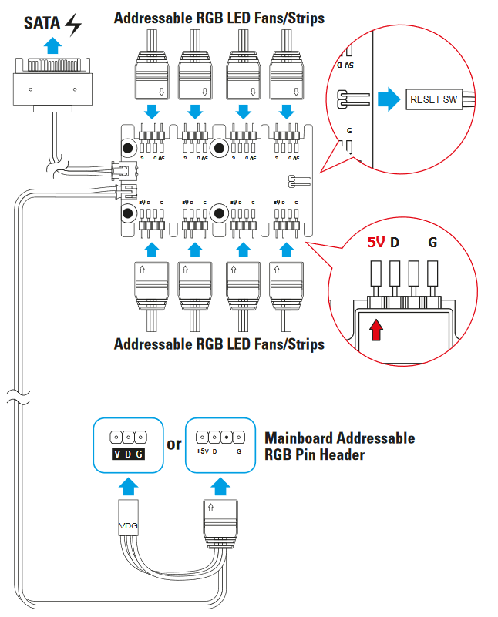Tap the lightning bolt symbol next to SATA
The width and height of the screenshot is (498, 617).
coord(73,25)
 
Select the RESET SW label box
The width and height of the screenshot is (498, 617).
coord(433,99)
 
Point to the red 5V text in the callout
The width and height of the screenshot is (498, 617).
coord(375,242)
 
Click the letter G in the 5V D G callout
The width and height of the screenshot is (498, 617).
coord(432,243)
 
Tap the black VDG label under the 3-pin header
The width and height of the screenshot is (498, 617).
coord(128,454)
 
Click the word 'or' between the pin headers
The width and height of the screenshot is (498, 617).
coord(174,444)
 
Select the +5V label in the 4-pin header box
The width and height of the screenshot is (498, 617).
coord(203,451)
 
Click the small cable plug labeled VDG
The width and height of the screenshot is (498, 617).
coord(128,525)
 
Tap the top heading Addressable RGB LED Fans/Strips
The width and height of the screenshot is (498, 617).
coord(219,17)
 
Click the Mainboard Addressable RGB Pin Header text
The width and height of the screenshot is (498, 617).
coord(339,446)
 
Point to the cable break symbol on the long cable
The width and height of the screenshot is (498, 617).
coord(19,399)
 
